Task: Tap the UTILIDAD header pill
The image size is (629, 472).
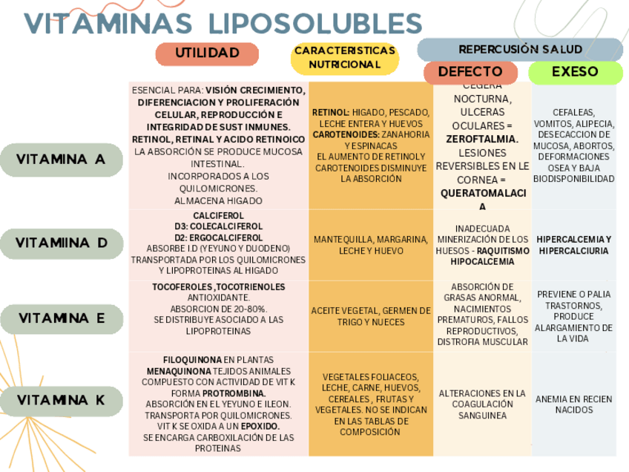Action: [x=207, y=53]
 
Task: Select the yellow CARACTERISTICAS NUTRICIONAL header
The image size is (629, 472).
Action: [x=344, y=58]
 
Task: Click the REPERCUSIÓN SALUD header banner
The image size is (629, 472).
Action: [x=520, y=49]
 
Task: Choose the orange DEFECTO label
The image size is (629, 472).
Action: [x=470, y=72]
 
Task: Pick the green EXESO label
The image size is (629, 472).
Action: [x=575, y=72]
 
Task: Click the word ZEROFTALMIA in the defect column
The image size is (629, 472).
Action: [x=482, y=139]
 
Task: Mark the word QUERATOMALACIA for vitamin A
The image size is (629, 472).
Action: [x=482, y=199]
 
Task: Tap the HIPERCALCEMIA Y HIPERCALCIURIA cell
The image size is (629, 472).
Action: [x=574, y=245]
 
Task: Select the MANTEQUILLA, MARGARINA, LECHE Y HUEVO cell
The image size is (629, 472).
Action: [x=371, y=246]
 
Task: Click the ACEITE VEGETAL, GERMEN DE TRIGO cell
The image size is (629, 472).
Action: [x=371, y=316]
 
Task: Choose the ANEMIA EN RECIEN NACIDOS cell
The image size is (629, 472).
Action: [x=574, y=404]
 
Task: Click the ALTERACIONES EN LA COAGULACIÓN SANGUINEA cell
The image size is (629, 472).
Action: [x=482, y=404]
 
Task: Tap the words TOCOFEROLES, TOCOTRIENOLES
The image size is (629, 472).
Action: [x=218, y=286]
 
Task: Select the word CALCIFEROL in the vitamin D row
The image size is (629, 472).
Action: [x=218, y=215]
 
